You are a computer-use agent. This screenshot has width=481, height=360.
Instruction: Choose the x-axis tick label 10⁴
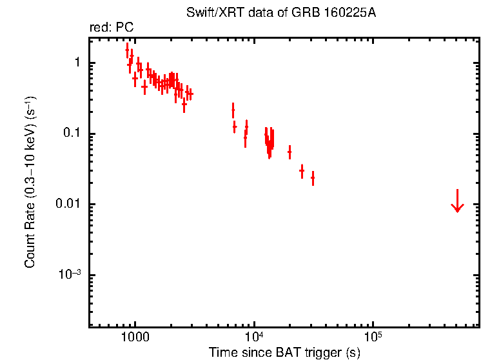254,337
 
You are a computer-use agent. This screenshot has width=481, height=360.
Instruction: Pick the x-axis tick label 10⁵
373,337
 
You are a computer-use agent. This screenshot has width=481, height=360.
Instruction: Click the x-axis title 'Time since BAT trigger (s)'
284,352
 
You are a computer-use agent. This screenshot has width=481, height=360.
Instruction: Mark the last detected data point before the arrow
313,177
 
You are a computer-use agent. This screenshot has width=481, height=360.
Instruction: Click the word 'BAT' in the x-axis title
279,352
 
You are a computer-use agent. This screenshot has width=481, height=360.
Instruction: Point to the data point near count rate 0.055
290,152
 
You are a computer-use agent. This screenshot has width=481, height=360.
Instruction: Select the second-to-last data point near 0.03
302,171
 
